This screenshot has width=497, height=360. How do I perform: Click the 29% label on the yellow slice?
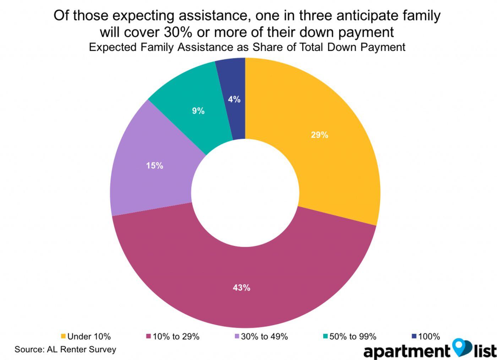[x=319, y=135]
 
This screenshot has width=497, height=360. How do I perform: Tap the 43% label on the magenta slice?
[x=241, y=288]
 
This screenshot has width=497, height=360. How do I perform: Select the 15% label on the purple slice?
[x=154, y=165]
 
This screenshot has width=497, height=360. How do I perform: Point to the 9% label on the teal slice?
[x=198, y=111]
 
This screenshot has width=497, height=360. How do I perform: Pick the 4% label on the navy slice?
[x=234, y=99]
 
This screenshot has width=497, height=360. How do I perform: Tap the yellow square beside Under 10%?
[x=64, y=336]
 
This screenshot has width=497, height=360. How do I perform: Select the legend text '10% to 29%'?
[x=176, y=336]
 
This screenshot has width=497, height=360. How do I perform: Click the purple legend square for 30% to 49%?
[x=237, y=336]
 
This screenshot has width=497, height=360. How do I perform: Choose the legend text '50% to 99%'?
[x=353, y=336]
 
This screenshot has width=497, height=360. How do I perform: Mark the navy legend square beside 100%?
[x=414, y=336]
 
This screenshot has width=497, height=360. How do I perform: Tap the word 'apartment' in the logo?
[x=406, y=351]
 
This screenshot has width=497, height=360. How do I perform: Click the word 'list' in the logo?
[x=485, y=350]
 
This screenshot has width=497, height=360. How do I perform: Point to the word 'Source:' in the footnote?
[x=29, y=349]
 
